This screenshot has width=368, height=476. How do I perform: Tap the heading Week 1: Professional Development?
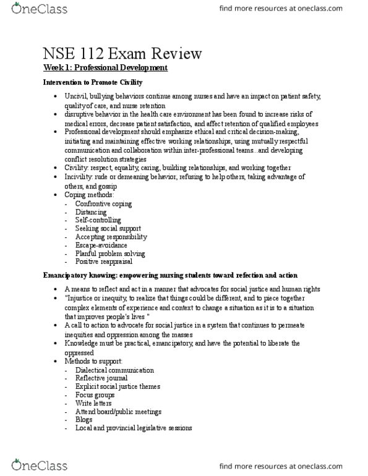click(x=106, y=68)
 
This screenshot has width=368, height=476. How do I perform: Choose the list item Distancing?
click(x=90, y=212)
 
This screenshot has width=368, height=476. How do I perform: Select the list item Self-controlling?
click(x=98, y=220)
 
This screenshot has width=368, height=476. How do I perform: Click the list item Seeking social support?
click(x=105, y=229)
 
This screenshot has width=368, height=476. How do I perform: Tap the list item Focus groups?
click(x=93, y=394)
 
